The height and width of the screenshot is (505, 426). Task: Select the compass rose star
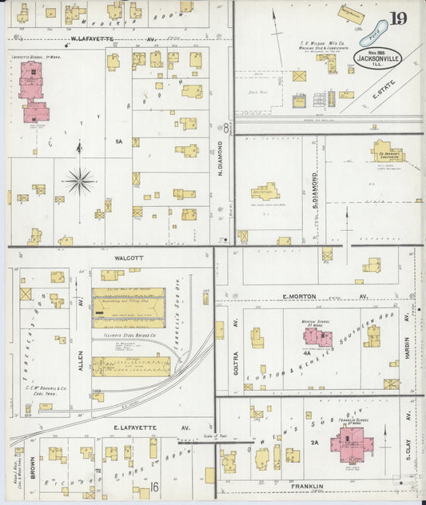(x=79, y=181)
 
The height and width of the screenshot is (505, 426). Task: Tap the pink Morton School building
(x=317, y=336)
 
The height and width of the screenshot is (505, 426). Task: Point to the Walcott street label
(x=106, y=258)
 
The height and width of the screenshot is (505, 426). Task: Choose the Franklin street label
(x=307, y=486)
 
